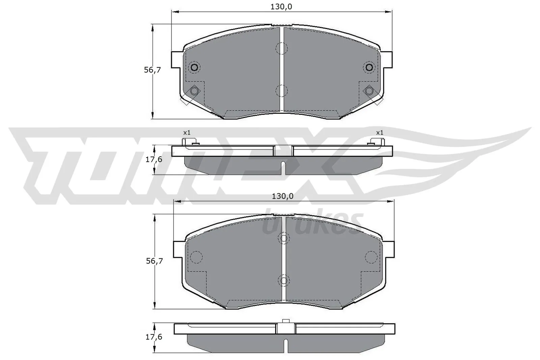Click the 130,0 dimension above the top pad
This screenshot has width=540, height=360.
[x=281, y=6]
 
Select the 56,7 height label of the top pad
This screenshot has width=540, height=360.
[x=153, y=70]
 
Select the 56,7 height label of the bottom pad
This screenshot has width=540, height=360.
[x=155, y=261]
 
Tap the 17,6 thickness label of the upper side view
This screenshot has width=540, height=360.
[x=154, y=160]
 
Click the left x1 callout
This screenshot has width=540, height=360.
[x=187, y=133]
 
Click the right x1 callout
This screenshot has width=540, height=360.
[x=380, y=133]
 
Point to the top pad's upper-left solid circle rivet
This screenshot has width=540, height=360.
[x=194, y=67]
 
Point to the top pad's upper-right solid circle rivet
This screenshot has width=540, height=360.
[x=369, y=67]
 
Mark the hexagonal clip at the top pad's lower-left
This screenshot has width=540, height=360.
[x=194, y=91]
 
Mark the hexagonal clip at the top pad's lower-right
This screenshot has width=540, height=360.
[x=369, y=91]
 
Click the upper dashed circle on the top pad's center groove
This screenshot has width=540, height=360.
[x=281, y=49]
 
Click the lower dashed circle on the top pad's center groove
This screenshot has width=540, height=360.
[x=281, y=90]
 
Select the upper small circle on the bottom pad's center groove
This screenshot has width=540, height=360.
[x=283, y=239]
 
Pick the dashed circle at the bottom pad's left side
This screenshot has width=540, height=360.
[x=196, y=257]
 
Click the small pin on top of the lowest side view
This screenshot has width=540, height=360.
[x=286, y=321]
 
